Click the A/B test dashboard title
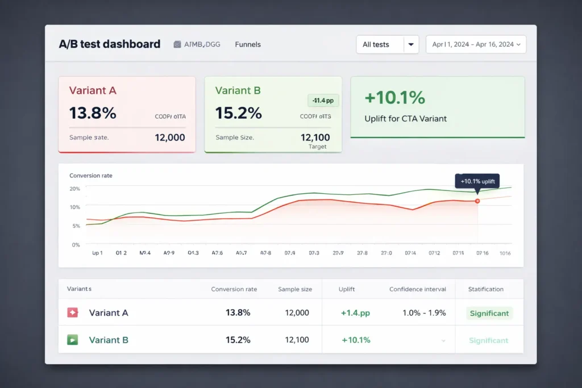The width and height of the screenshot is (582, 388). [x=110, y=44]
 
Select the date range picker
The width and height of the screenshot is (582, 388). [x=476, y=44]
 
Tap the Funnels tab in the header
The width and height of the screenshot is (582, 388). [x=248, y=44]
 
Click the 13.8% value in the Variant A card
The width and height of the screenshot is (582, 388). [x=93, y=113]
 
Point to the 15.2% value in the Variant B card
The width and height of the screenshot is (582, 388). [x=239, y=113]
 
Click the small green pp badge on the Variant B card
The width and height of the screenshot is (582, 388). [x=323, y=101]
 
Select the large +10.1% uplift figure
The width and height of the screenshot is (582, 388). [x=394, y=98]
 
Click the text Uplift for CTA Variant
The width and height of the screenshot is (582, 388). [x=405, y=119]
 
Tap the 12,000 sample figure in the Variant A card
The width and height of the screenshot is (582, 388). [x=170, y=137]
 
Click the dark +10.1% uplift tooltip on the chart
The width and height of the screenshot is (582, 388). [x=477, y=181]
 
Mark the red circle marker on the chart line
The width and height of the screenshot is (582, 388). [x=477, y=201]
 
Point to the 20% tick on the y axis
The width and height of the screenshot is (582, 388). [x=74, y=189]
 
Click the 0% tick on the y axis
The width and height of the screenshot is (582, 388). [x=76, y=245]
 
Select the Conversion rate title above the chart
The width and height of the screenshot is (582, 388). [x=91, y=176]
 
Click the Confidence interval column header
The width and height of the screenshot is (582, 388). [x=418, y=289]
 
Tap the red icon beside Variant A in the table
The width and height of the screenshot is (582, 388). [x=72, y=312]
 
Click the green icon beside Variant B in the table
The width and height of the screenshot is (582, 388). [x=72, y=340]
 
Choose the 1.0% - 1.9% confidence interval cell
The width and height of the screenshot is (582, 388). [x=424, y=313]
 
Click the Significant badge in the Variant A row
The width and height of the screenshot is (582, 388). [x=489, y=313]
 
